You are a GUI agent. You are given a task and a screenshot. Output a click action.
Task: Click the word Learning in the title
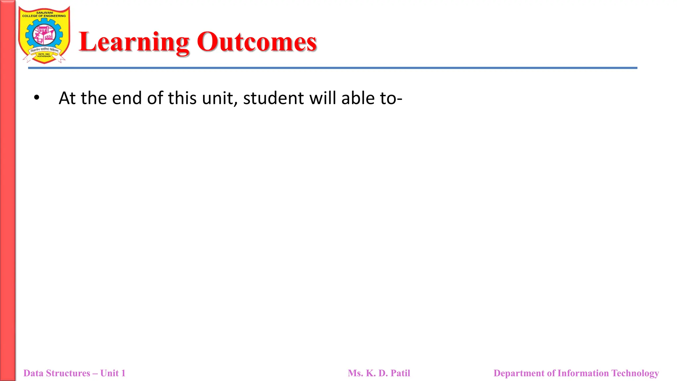pyautogui.click(x=134, y=42)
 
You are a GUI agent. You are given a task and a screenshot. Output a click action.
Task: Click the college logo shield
pyautogui.click(x=44, y=35)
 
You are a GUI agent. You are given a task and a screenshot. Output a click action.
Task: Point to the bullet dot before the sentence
pyautogui.click(x=37, y=98)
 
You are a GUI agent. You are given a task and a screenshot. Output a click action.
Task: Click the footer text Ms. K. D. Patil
pyautogui.click(x=379, y=373)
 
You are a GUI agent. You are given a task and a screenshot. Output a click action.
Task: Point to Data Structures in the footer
pyautogui.click(x=57, y=373)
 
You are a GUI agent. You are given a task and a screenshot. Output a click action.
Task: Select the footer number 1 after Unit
pyautogui.click(x=123, y=373)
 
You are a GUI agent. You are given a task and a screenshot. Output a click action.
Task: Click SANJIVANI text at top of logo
pyautogui.click(x=44, y=13)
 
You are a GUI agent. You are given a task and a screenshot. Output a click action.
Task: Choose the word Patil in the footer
pyautogui.click(x=400, y=373)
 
